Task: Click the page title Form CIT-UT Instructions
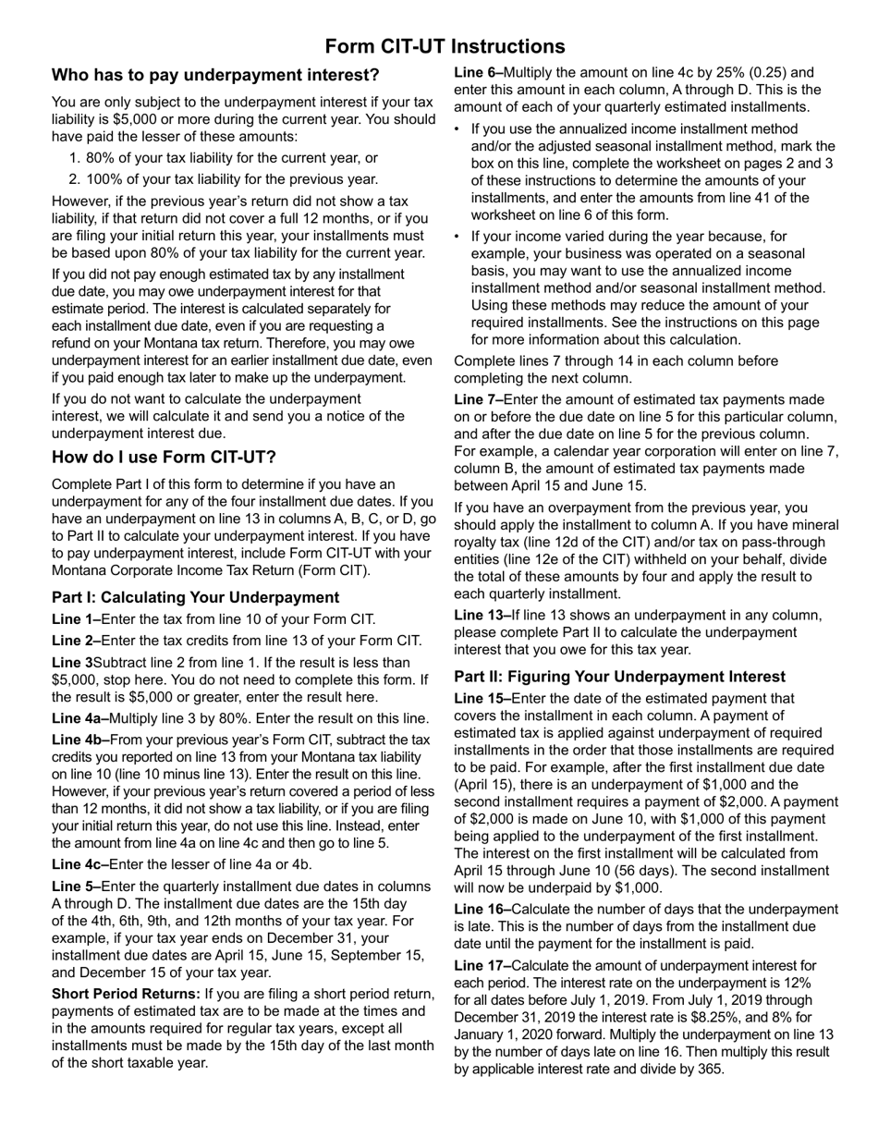pyautogui.click(x=445, y=46)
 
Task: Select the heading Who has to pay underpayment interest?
pyautogui.click(x=215, y=75)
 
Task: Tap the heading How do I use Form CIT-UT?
pyautogui.click(x=164, y=458)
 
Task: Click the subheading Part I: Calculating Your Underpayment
pyautogui.click(x=195, y=597)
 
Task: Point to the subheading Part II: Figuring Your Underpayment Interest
pyautogui.click(x=619, y=677)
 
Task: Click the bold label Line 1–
pyautogui.click(x=76, y=619)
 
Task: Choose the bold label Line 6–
pyautogui.click(x=478, y=73)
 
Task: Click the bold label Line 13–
pyautogui.click(x=482, y=616)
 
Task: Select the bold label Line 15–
pyautogui.click(x=482, y=699)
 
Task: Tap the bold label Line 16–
pyautogui.click(x=482, y=910)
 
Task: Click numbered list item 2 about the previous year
pyautogui.click(x=231, y=179)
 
